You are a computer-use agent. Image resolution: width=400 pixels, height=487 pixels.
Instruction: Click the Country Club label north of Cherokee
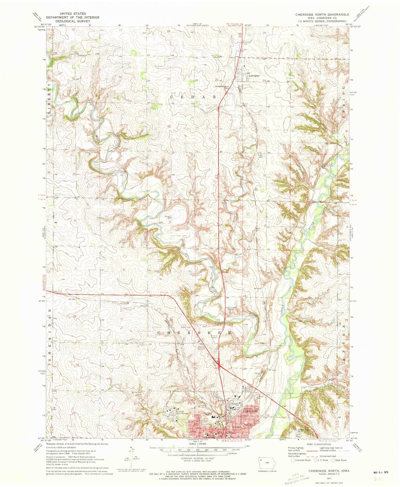pyautogui.click(x=204, y=407)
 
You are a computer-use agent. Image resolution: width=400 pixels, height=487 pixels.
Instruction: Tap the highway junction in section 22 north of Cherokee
pyautogui.click(x=219, y=367)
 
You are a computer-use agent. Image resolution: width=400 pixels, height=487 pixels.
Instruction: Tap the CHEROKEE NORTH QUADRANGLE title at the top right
pyautogui.click(x=322, y=14)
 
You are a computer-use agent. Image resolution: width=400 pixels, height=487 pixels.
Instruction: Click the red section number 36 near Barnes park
pyautogui.click(x=312, y=177)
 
